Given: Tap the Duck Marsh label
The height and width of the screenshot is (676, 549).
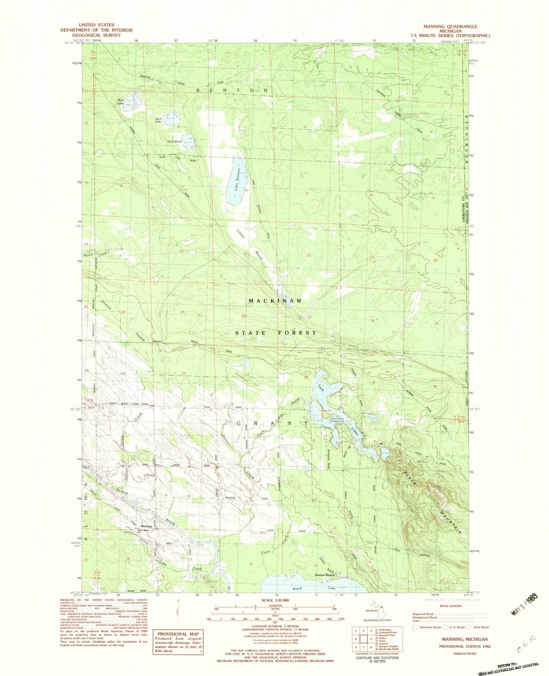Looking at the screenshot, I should pos(174,142).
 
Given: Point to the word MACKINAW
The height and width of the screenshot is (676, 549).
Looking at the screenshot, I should pos(275,301).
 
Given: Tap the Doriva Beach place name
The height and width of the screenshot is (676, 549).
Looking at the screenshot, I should pos(325,575).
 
